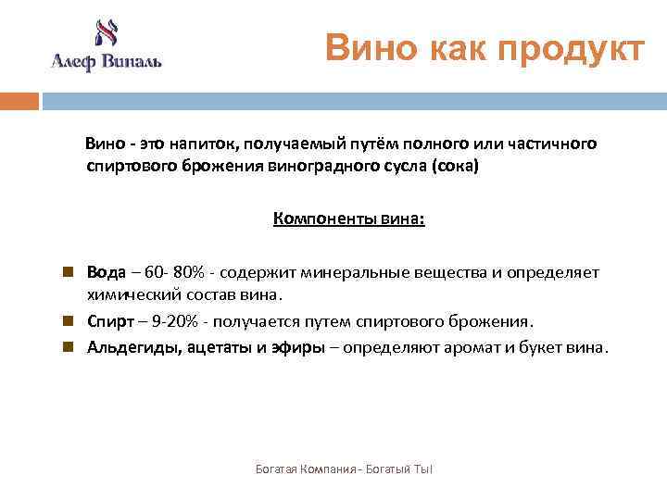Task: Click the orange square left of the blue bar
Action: [19, 100]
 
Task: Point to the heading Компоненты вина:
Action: [349, 219]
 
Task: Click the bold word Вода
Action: [106, 273]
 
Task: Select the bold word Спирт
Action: [110, 321]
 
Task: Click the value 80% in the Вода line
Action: [193, 273]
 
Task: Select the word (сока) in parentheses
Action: [455, 167]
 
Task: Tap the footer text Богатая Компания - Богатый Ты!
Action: [344, 470]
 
